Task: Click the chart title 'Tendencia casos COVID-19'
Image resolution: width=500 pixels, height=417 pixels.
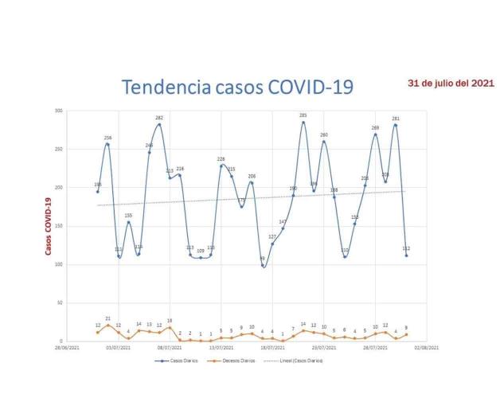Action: point(236,86)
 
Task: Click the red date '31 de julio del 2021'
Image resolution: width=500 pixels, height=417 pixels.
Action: point(451,83)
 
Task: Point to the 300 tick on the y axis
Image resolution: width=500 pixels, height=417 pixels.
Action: point(58,111)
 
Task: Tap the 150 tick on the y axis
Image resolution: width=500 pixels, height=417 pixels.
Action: point(58,226)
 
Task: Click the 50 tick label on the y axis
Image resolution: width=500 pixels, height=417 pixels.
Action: point(60,303)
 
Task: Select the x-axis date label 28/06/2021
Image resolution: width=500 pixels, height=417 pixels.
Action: point(67,348)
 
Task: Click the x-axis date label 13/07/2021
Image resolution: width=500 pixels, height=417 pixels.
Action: point(221,348)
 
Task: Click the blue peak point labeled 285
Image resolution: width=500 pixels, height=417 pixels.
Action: point(303,123)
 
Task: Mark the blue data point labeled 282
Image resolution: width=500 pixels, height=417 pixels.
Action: point(159,124)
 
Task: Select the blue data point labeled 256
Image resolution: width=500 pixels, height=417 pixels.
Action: point(107,144)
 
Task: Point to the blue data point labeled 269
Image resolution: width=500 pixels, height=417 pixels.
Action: point(375,134)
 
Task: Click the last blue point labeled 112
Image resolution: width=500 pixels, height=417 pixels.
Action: point(406,255)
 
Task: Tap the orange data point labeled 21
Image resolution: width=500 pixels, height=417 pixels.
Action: point(107,325)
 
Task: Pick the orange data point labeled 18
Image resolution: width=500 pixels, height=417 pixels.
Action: point(170,328)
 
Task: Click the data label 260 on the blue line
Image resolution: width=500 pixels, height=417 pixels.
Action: point(324,134)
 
